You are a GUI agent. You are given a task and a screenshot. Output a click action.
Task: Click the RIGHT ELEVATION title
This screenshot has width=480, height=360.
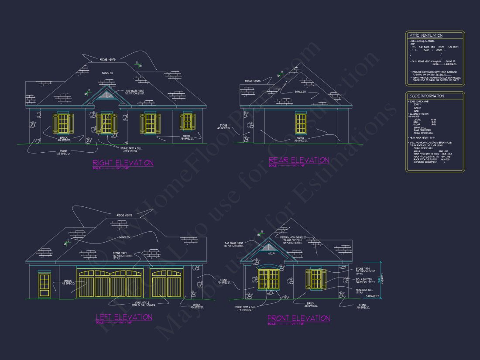point(123,163)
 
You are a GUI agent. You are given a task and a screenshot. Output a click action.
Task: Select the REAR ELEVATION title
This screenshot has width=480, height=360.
point(299,160)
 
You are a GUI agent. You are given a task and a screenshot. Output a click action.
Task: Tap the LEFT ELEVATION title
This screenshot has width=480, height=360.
point(124,317)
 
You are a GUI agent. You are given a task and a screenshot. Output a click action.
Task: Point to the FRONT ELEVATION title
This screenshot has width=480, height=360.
point(299,318)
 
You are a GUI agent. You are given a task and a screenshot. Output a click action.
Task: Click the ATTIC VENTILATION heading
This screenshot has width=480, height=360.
point(426,35)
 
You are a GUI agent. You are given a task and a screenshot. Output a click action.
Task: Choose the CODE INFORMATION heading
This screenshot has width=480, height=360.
point(426,96)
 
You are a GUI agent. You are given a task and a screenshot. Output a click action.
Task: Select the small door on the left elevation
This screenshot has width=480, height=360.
point(44,285)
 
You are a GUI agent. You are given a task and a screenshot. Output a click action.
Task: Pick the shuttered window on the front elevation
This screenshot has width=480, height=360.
point(316,279)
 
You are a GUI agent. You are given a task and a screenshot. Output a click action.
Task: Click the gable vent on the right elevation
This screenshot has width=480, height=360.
point(106,95)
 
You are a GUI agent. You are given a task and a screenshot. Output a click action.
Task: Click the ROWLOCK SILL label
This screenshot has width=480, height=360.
point(363,290)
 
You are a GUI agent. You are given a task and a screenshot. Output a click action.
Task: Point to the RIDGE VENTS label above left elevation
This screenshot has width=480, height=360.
point(124,216)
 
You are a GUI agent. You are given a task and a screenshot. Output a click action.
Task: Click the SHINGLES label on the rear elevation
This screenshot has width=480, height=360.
point(300,92)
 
